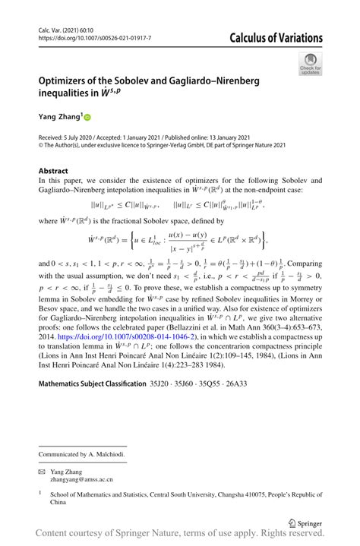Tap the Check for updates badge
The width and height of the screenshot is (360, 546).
click(x=309, y=64)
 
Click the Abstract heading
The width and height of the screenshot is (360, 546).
click(x=53, y=171)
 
